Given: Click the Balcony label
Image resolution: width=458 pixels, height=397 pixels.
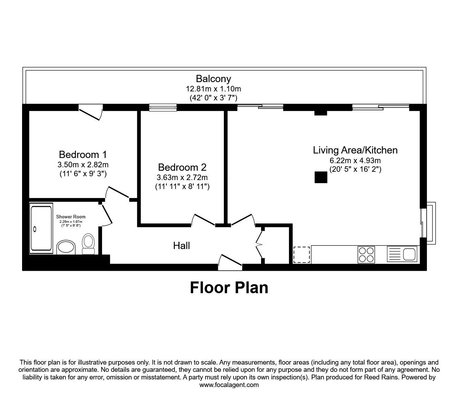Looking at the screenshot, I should (x=213, y=79).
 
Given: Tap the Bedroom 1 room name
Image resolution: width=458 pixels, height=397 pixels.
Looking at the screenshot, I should (x=83, y=154).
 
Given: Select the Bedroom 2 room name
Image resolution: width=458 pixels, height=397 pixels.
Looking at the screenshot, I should (x=182, y=167).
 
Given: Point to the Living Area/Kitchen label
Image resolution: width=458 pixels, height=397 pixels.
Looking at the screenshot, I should (x=355, y=150).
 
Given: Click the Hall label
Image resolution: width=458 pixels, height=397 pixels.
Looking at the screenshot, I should (x=181, y=246).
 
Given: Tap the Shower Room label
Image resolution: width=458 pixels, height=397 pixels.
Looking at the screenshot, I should (x=71, y=217).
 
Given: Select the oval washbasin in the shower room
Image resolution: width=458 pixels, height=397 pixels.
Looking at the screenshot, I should (x=66, y=247).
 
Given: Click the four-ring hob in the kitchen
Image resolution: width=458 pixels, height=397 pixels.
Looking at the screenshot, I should (x=366, y=255).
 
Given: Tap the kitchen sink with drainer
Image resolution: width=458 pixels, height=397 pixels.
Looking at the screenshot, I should (x=402, y=255).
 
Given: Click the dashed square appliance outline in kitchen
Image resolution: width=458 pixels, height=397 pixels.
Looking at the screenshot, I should (x=301, y=255).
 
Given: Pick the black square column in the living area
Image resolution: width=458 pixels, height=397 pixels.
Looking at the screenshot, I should (x=321, y=177).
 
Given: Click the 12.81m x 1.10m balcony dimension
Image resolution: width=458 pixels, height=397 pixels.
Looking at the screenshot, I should (x=213, y=89).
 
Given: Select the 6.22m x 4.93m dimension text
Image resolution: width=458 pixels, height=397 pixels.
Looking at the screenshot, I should (x=355, y=160).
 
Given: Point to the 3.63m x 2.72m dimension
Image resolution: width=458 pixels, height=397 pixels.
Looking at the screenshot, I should (x=182, y=178).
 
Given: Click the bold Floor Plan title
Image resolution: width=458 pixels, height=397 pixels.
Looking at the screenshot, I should (x=229, y=288).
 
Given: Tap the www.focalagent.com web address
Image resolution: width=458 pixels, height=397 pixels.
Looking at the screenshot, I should (x=229, y=385).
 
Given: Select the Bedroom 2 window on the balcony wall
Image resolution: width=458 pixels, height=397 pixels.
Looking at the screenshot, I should (x=163, y=108).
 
